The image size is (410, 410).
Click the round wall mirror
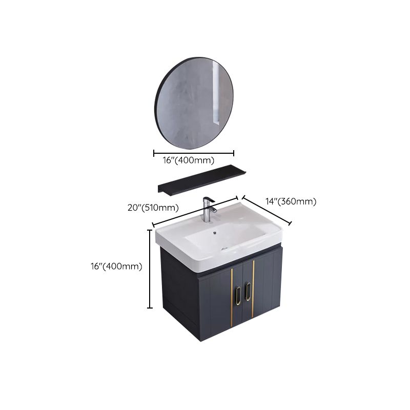click(x=193, y=98)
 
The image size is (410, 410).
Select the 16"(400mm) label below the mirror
click(x=194, y=160)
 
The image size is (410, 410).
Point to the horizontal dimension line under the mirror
click(x=194, y=152)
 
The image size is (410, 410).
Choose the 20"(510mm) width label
click(x=153, y=208)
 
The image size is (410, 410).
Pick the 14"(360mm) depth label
click(x=291, y=201)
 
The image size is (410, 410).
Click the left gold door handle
click(x=238, y=296)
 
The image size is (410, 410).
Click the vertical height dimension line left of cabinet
click(x=150, y=269)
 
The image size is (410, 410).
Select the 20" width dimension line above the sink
click(x=196, y=211)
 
